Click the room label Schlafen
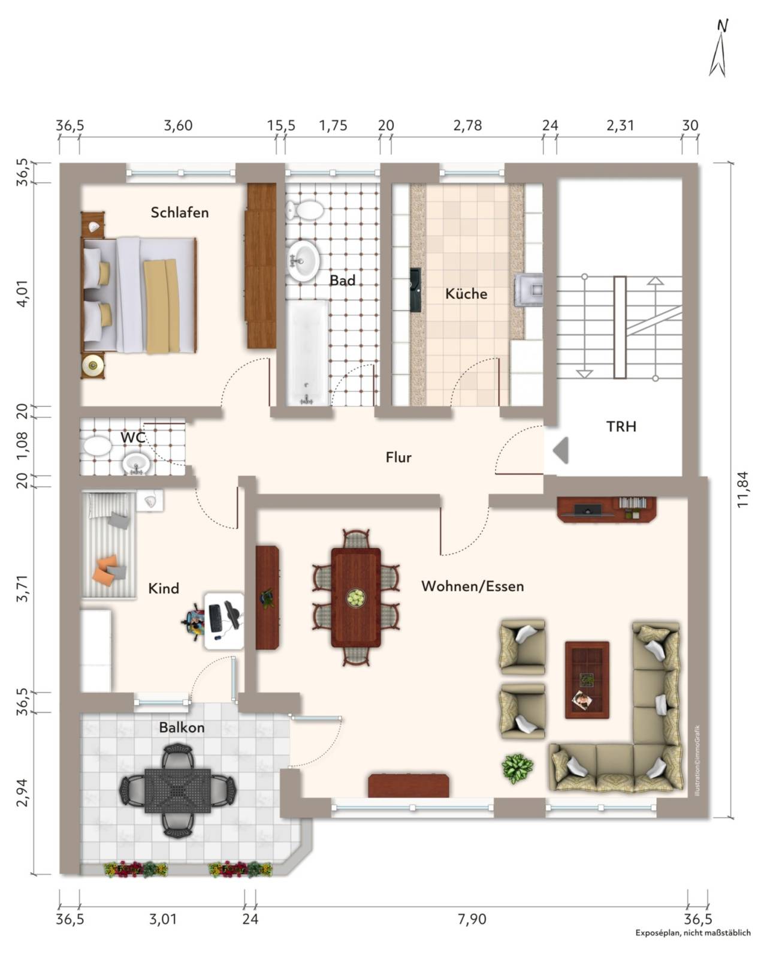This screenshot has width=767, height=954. pos(179,212)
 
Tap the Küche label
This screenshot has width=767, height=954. pos(466,293)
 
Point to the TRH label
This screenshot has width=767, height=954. pos(621,426)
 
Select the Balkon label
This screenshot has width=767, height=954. pos(182,727)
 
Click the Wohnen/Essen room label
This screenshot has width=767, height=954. pos(472,586)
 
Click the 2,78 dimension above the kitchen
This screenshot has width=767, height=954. pos(467,125)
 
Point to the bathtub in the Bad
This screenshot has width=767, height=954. pos(307,353)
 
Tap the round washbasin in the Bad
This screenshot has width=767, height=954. pos(303,261)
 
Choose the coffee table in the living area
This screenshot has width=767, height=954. pos(587,679)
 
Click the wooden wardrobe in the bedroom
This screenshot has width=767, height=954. pos(261,266)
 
